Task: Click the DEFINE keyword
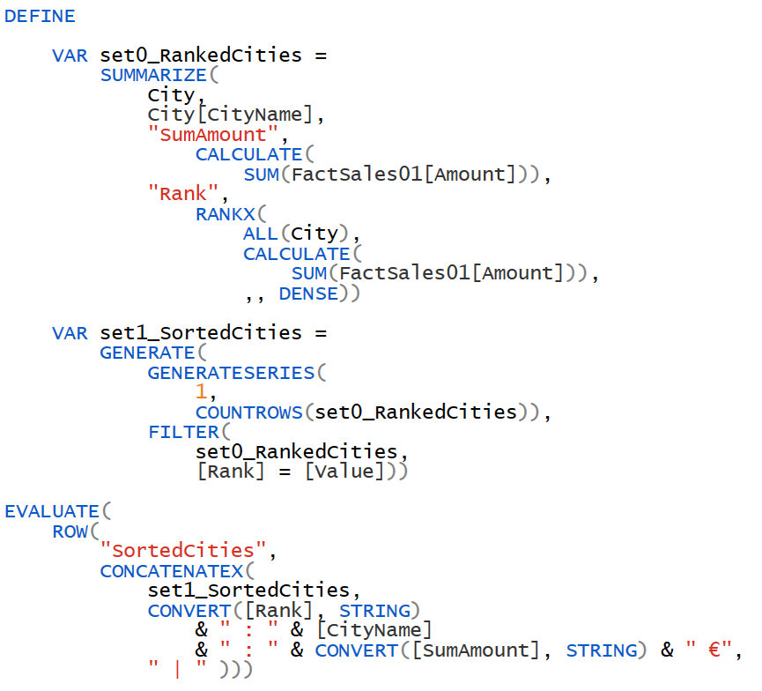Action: [40, 16]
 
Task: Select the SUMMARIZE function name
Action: [153, 75]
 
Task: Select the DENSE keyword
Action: [308, 293]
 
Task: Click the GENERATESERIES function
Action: [231, 373]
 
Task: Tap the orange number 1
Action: [201, 392]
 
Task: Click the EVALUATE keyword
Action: [51, 511]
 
